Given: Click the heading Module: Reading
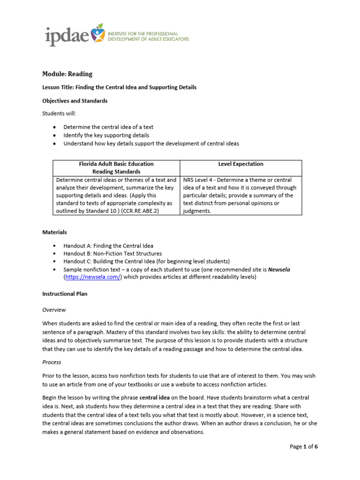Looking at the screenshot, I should point(67,74).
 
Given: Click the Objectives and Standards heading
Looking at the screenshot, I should point(75,101).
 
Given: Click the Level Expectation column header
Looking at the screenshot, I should point(240,164).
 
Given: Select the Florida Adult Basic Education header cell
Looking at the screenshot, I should point(116,168).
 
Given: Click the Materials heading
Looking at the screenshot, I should point(54,232).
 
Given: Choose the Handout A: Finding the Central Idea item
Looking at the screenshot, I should point(108,246).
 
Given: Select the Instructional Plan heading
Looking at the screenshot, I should point(65,294).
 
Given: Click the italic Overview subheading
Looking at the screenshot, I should point(54,310).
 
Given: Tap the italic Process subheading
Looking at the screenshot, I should point(52,362).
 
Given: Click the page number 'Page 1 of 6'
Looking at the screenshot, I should point(303,447).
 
